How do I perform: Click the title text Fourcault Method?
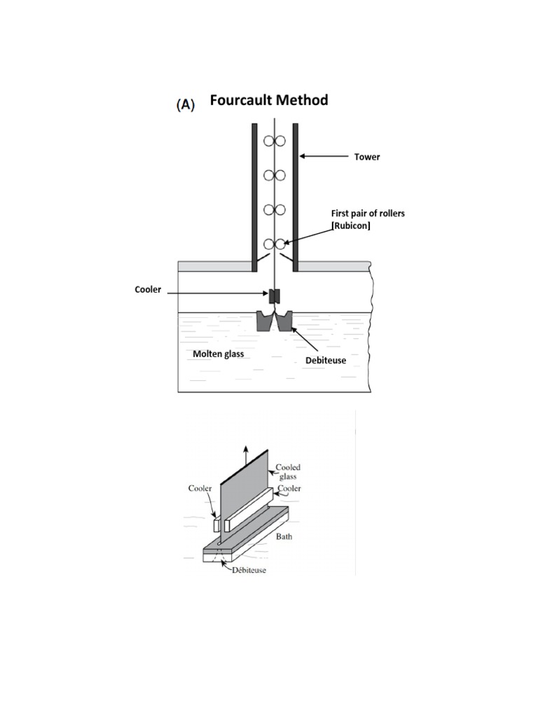coord(268,100)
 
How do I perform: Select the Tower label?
coord(366,157)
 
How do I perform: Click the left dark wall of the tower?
coord(254,196)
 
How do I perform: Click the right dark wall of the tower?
coord(296,196)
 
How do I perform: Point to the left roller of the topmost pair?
coord(268,141)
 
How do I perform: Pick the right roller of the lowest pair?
coord(280,244)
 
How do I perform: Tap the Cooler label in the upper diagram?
coord(148,289)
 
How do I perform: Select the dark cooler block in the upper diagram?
coord(275,295)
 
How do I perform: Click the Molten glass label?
coord(219,354)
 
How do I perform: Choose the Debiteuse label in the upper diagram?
coord(325,360)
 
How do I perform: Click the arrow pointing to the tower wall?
coord(326,157)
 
